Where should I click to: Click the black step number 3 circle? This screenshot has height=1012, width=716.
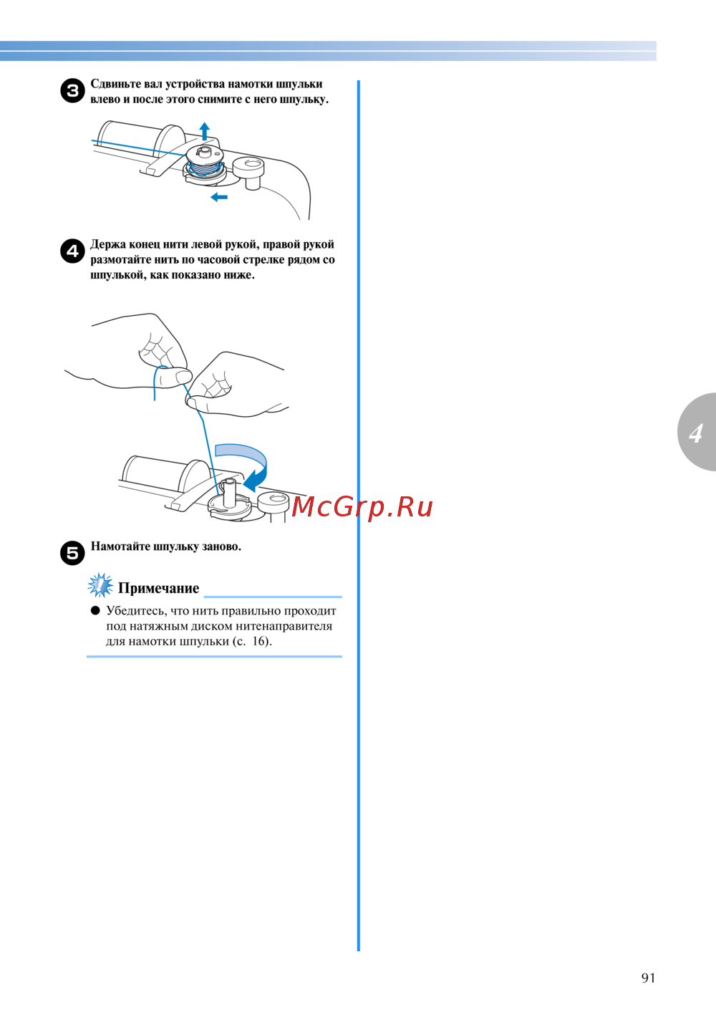pyautogui.click(x=72, y=90)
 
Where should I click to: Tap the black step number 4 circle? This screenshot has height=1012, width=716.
pyautogui.click(x=72, y=251)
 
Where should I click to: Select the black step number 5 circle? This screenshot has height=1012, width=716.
pyautogui.click(x=72, y=552)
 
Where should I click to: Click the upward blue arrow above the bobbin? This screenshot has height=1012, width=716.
pyautogui.click(x=205, y=131)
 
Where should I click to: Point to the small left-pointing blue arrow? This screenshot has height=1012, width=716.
pyautogui.click(x=219, y=197)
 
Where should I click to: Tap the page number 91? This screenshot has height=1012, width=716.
pyautogui.click(x=648, y=978)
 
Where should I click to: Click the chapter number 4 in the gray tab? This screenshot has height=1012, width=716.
pyautogui.click(x=696, y=433)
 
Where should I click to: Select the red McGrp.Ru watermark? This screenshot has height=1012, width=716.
pyautogui.click(x=362, y=507)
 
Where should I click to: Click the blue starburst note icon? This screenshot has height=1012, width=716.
pyautogui.click(x=100, y=585)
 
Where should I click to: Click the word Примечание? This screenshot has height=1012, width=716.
pyautogui.click(x=158, y=588)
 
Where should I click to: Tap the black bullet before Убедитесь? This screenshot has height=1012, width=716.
pyautogui.click(x=95, y=611)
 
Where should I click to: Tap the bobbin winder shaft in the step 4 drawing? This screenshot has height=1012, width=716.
pyautogui.click(x=229, y=493)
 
